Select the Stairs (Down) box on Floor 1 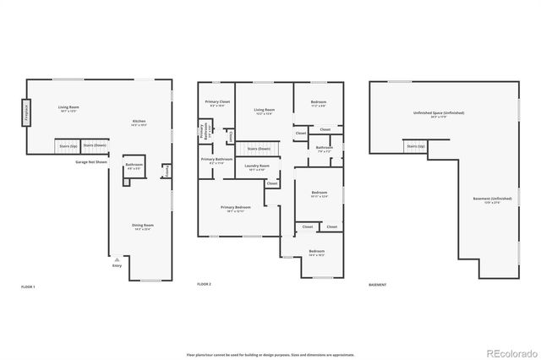click(x=94, y=146)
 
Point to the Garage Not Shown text click(x=90, y=161)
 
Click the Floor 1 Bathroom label click(x=134, y=166)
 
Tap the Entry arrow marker click(x=117, y=258)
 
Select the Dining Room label click(x=142, y=226)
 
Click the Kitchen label click(x=139, y=123)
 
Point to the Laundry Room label click(x=256, y=166)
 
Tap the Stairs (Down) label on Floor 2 click(x=258, y=149)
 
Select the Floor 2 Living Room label click(x=265, y=111)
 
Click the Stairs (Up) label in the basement click(x=416, y=146)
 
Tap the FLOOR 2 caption click(x=204, y=285)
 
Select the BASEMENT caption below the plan click(x=378, y=285)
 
